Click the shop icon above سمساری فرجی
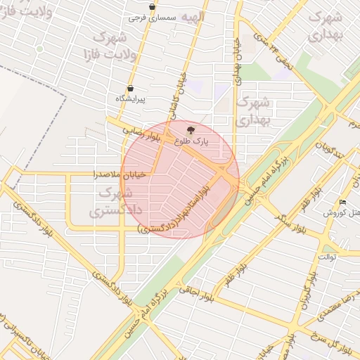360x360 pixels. point(152,6)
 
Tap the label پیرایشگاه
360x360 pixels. point(130,99)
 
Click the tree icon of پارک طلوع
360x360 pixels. point(191,130)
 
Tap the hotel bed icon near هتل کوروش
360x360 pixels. point(343,202)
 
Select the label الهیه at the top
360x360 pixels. point(191,15)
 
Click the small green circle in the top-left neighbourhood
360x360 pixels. point(40,49)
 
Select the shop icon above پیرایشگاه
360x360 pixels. point(130,89)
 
